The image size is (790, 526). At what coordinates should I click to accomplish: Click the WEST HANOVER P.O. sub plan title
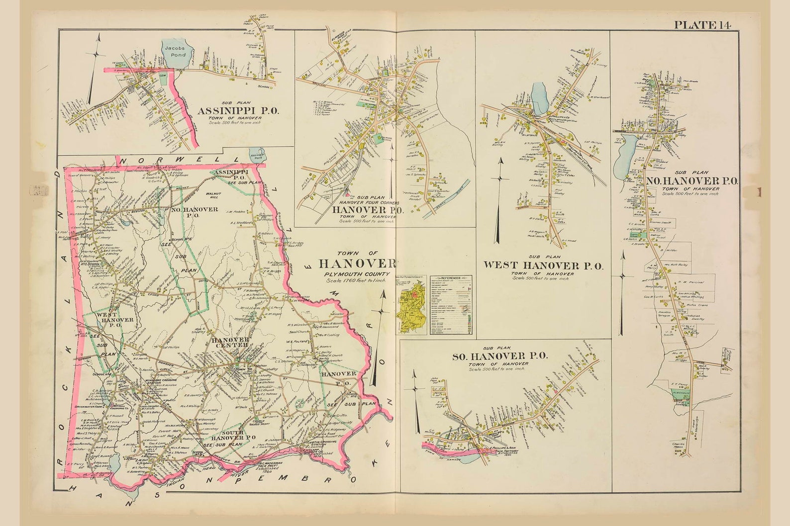543,265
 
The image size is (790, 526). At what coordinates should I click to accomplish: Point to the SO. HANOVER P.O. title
499,356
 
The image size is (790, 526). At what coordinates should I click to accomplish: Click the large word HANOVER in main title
357,263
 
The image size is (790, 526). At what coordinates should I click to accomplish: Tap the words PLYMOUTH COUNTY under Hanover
356,274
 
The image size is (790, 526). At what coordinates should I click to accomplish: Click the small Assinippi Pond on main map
257,154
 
